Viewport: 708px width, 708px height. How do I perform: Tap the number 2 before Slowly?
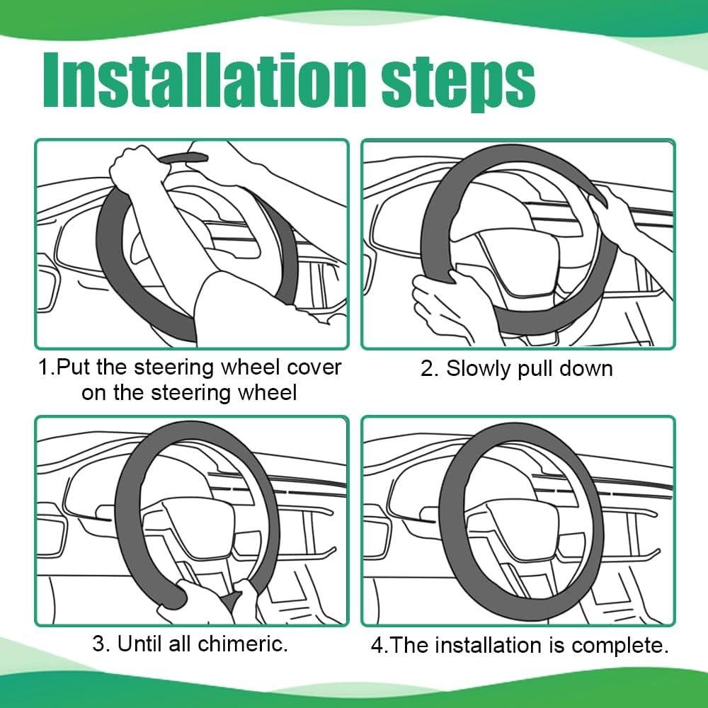(x=427, y=369)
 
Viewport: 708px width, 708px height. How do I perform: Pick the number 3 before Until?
(x=98, y=644)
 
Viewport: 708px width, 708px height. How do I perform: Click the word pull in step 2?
(x=535, y=370)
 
